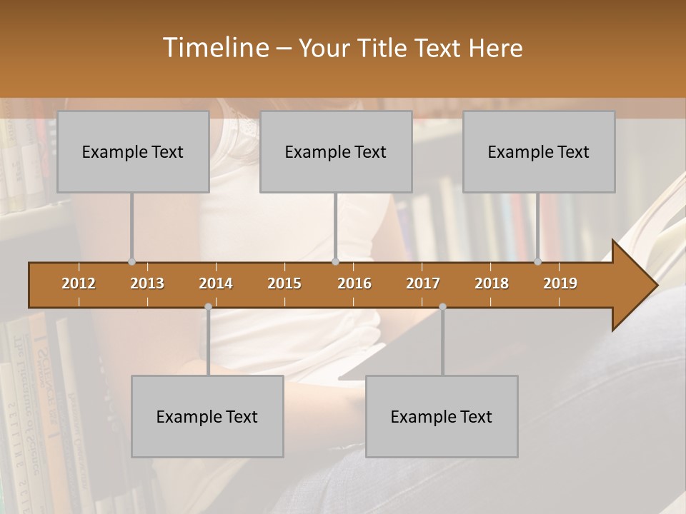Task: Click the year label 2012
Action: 79,283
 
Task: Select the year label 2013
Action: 147,283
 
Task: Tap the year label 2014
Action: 216,283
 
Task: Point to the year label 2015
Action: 284,283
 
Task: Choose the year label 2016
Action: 354,283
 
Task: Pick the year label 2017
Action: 423,283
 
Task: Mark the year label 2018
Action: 492,283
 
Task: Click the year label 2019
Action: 560,283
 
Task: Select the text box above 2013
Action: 133,151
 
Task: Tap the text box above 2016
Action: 336,151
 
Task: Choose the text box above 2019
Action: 539,151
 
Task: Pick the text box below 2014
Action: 207,416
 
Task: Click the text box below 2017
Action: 442,416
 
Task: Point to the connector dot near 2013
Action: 131,262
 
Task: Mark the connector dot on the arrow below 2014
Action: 208,306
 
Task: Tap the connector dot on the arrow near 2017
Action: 442,306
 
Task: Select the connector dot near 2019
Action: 537,262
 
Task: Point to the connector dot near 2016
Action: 335,262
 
